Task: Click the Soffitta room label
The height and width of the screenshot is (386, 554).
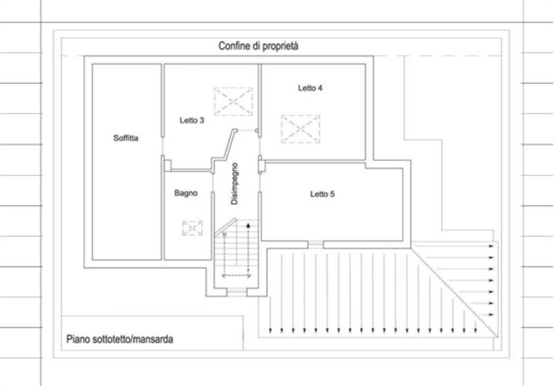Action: (x=126, y=138)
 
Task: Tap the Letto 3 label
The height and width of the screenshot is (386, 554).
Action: (x=192, y=120)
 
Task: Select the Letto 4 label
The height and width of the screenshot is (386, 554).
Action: (x=310, y=88)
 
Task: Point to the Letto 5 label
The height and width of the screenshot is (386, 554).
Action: (x=322, y=194)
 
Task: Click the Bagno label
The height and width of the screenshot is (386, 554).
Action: (x=186, y=193)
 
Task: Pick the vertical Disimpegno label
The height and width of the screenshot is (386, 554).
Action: (x=234, y=184)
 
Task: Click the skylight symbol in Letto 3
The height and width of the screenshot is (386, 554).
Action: (x=233, y=101)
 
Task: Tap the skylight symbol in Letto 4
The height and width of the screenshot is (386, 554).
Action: (x=301, y=129)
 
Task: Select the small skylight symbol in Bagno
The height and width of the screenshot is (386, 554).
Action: (x=193, y=228)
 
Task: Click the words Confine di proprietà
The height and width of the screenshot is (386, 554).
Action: (x=258, y=46)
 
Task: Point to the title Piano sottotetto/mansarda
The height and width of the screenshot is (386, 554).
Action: (x=120, y=340)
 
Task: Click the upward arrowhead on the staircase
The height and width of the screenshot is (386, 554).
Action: (x=249, y=225)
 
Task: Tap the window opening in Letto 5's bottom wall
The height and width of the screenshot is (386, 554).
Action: (x=316, y=245)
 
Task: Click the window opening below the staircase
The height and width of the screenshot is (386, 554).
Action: (x=237, y=292)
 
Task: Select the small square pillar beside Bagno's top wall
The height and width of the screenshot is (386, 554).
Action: (x=168, y=166)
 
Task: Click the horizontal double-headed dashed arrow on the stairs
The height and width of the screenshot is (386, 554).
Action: (x=236, y=275)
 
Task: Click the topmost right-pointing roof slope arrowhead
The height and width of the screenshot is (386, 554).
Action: (x=491, y=246)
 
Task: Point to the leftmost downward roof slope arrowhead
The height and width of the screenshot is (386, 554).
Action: (x=270, y=331)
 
